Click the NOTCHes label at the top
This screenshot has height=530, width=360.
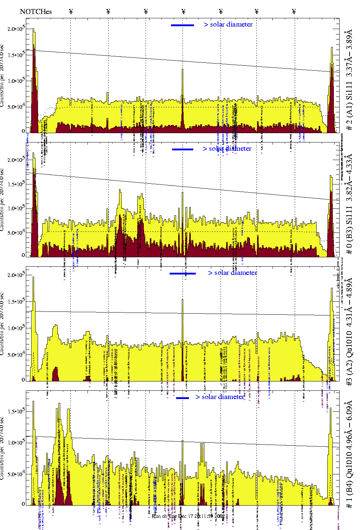pos(36,11)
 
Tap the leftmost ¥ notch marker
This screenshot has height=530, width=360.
pos(71,11)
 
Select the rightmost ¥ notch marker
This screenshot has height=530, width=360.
pos(294,11)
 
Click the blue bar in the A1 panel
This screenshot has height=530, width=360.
pos(183,25)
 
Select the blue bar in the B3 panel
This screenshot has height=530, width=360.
pos(183,149)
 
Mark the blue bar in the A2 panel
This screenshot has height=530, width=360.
pos(183,273)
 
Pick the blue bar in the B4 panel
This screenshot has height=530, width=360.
pos(183,398)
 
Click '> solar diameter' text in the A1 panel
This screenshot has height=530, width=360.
pos(228,24)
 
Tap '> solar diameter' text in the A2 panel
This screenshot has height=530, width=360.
pos(232,273)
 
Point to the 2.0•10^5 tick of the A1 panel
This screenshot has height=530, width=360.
pos(16,29)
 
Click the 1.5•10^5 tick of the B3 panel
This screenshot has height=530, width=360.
pos(16,184)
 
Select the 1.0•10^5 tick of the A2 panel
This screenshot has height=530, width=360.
pos(16,328)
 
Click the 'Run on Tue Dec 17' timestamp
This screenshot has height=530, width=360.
pos(188,516)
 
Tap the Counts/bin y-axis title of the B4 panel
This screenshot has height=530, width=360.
pos(2,449)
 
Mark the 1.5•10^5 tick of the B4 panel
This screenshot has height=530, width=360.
pos(16,411)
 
